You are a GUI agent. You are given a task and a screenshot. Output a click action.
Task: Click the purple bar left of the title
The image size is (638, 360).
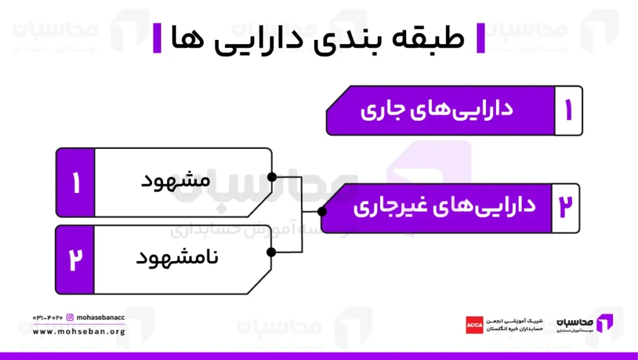point(157,39)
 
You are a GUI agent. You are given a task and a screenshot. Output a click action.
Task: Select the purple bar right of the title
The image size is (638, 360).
point(481,39)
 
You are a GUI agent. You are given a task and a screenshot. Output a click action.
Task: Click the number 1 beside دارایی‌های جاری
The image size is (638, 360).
point(568,110)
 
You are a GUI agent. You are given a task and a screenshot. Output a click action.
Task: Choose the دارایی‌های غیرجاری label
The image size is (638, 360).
point(436,207)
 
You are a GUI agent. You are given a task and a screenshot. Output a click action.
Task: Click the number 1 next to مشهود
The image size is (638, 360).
point(76,183)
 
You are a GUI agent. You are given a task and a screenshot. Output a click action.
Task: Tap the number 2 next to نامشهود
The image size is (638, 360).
point(75,259)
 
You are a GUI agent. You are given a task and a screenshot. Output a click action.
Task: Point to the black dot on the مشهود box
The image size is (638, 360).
point(271,177)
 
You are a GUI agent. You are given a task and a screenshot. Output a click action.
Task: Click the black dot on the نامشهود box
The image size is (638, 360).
point(271,252)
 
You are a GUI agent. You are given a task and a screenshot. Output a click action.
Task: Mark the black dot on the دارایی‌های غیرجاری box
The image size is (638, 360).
point(321,211)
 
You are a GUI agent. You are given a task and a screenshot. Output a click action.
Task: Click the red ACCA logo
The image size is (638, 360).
point(475,324)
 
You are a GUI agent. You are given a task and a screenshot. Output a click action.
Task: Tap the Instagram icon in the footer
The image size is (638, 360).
point(70,317)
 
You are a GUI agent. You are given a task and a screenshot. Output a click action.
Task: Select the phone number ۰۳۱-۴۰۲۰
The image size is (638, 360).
point(47,317)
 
